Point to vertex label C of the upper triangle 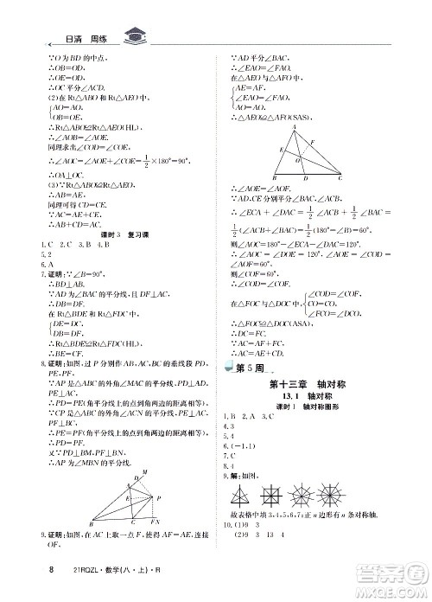pos(340,176)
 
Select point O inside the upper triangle pos(298,161)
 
